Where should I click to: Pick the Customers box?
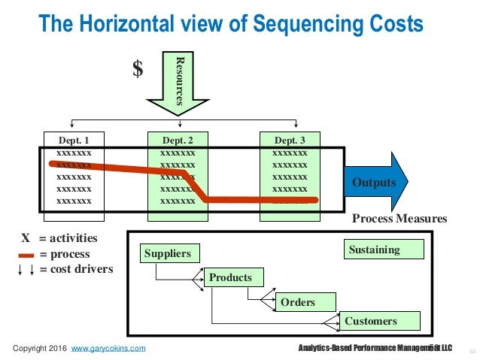point(379,321)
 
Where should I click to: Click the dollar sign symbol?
point(137,69)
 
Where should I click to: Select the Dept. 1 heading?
point(74,140)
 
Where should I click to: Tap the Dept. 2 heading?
point(178,140)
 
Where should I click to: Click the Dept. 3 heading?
point(289,140)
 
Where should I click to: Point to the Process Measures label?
point(399,219)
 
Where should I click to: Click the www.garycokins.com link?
point(108,348)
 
